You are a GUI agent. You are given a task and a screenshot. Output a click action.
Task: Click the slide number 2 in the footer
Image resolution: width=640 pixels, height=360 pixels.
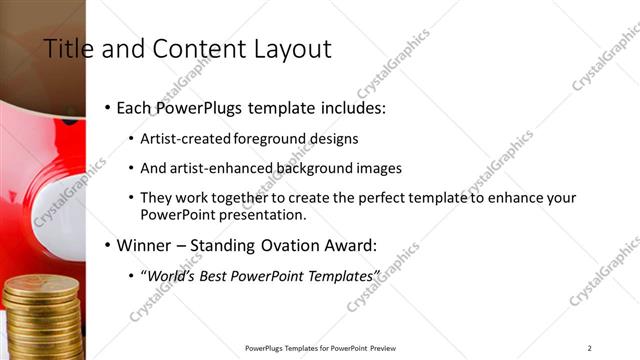coord(590,348)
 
